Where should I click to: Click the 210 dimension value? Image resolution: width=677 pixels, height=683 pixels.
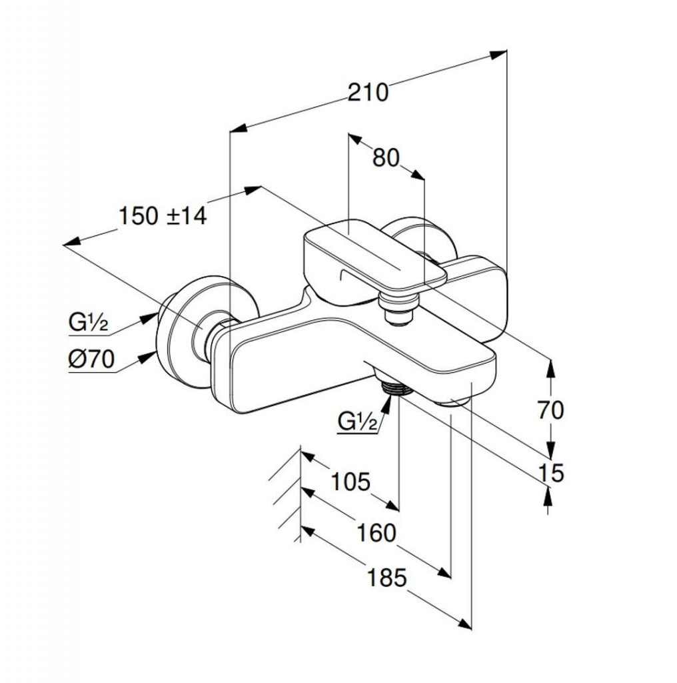(368, 92)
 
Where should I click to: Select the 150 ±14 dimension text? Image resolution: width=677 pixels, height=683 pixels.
(163, 216)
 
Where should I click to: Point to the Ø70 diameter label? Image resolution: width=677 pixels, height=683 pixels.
(91, 360)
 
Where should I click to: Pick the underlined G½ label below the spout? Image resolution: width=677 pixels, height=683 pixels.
(358, 422)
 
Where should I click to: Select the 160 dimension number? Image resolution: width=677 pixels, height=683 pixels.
(376, 532)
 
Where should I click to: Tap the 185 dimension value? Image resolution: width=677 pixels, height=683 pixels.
(387, 578)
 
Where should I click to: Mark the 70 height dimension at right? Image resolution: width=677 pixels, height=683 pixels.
(550, 410)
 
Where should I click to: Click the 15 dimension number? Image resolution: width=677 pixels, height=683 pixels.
(550, 473)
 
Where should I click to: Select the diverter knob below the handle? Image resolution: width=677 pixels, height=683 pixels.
(398, 308)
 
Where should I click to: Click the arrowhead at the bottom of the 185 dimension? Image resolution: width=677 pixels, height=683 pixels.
(465, 624)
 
